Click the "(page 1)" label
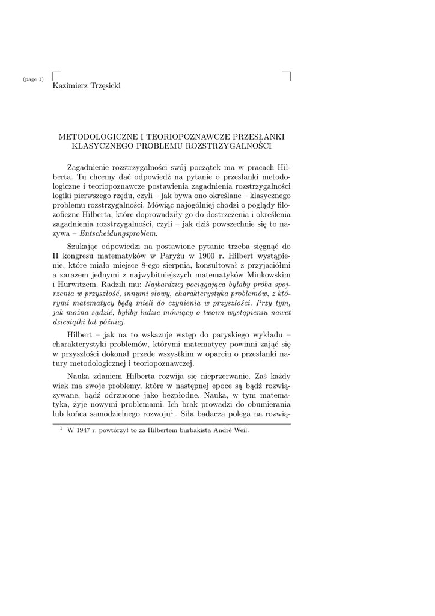click(x=33, y=80)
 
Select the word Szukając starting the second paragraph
click(x=85, y=245)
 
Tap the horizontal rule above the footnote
click(x=171, y=423)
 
